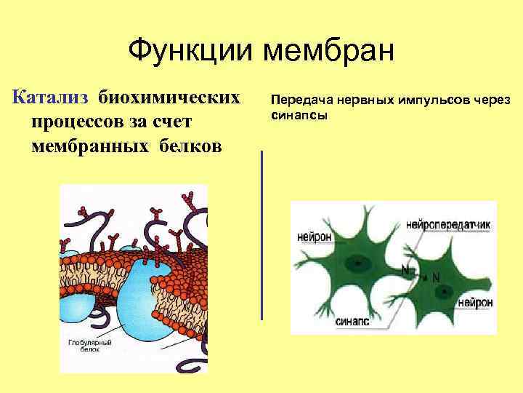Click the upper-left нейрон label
[314, 237]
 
